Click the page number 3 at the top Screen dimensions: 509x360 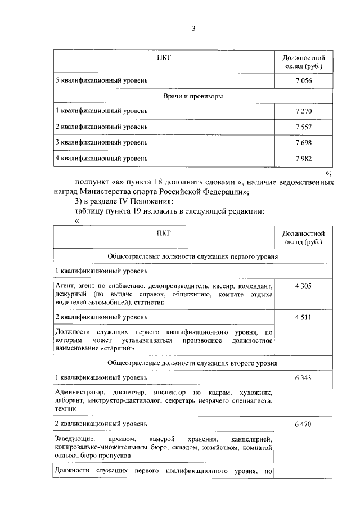[193, 29]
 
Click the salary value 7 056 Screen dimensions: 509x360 [303, 80]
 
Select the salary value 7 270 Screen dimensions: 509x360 [303, 111]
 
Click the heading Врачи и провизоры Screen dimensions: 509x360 [193, 96]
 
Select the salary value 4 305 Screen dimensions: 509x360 [303, 286]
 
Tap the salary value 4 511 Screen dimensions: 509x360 [303, 317]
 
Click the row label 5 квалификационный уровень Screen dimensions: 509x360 [101, 80]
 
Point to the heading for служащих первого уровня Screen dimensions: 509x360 [193, 256]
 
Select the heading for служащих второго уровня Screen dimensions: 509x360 [193, 363]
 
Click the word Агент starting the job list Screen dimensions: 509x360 [65, 286]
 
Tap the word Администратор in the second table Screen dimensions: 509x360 [76, 391]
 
